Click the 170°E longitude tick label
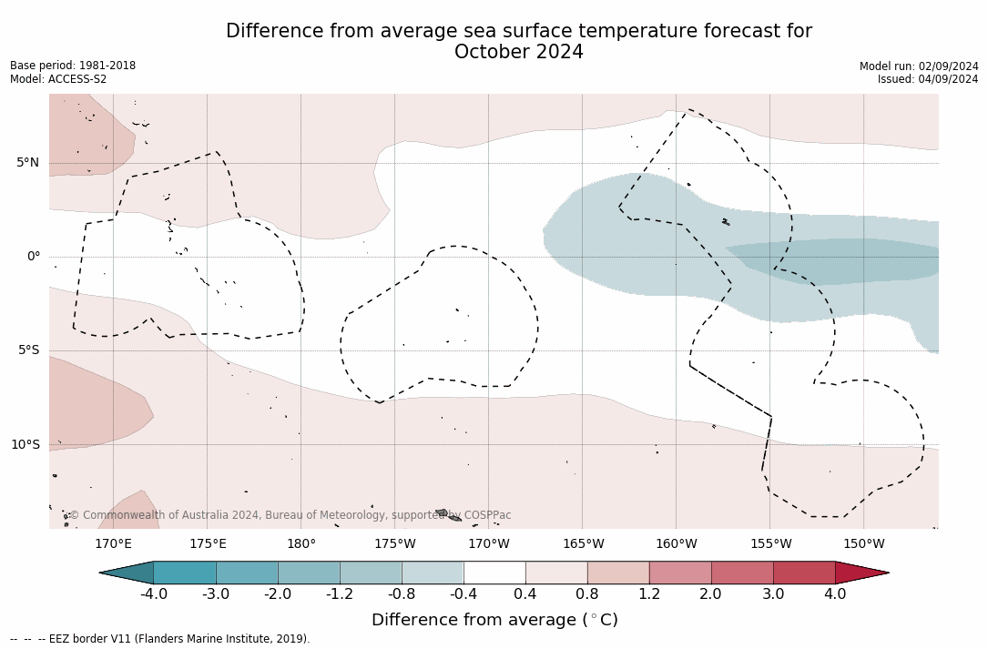113,544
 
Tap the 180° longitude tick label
301,544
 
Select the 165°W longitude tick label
583,544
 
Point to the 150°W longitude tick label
864,544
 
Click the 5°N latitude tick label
27,163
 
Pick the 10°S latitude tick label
25,445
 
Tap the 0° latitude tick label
34,257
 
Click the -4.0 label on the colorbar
154,594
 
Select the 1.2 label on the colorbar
649,594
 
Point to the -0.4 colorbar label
463,594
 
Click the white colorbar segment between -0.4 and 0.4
494,573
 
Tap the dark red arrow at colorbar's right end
861,573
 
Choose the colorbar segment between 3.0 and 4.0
804,573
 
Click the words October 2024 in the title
519,53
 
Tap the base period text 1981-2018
107,66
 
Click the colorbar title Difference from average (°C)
494,621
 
